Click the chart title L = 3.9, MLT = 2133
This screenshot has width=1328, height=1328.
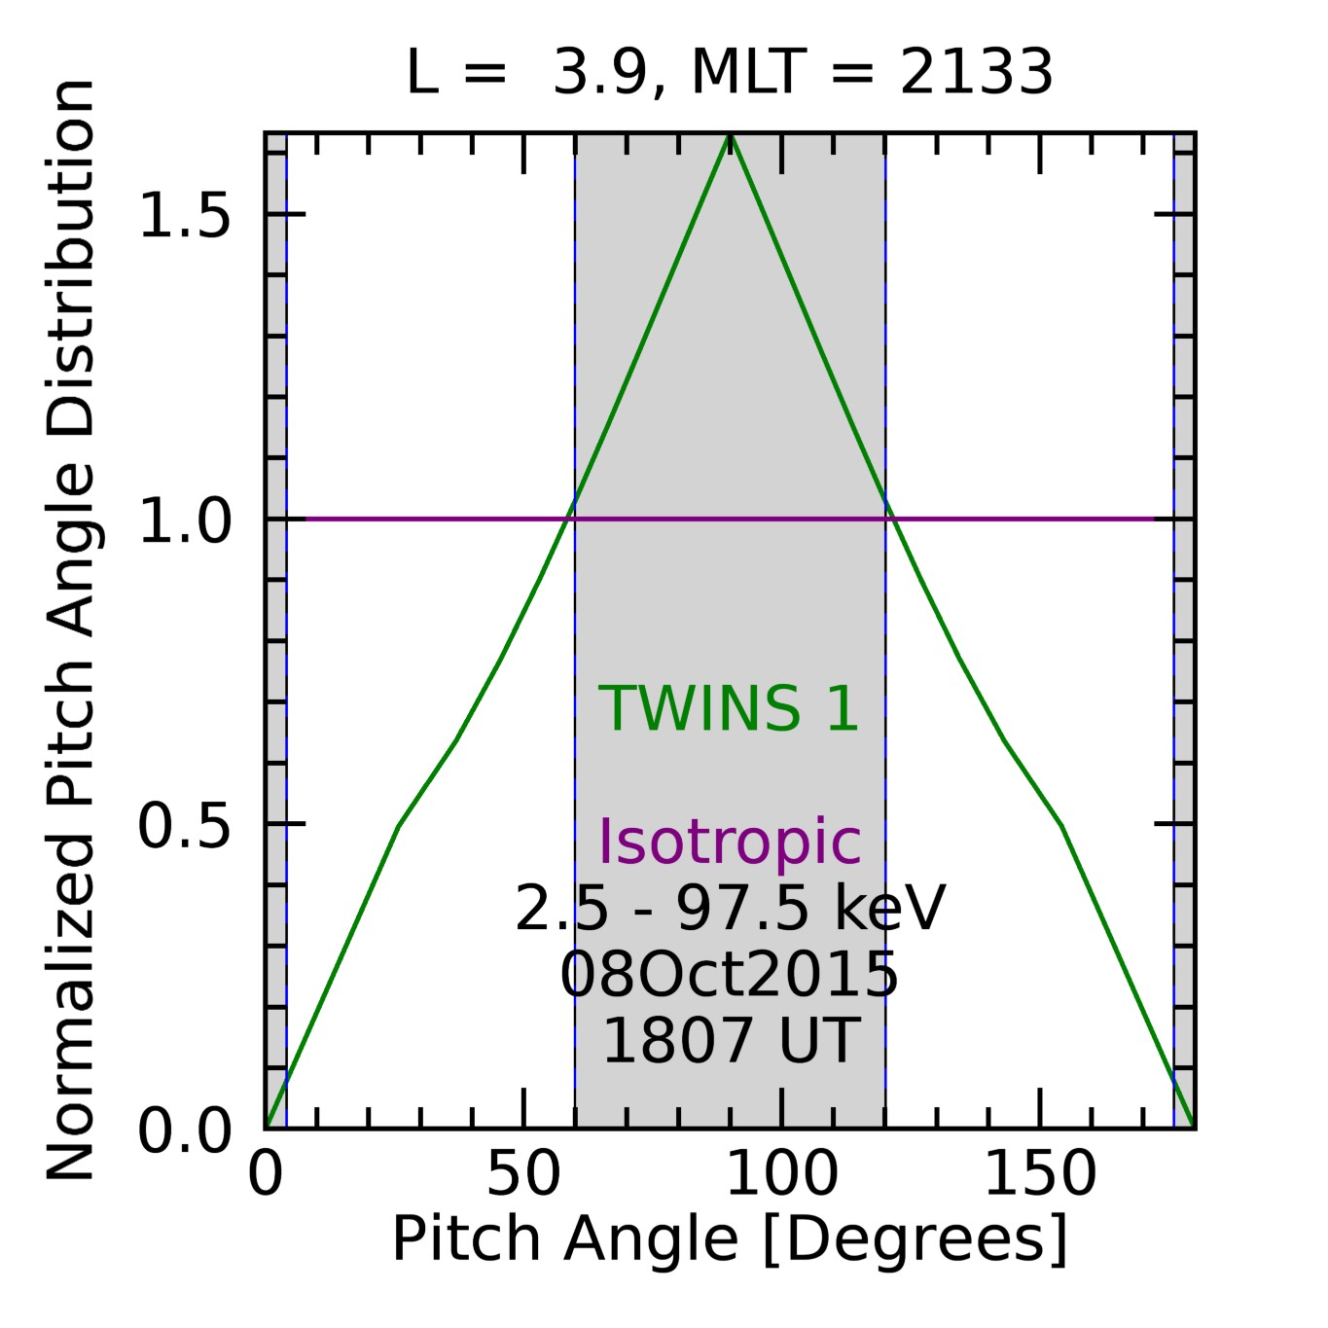click(x=729, y=73)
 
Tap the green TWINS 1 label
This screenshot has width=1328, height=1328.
click(x=729, y=708)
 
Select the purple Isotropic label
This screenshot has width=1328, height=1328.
click(x=729, y=841)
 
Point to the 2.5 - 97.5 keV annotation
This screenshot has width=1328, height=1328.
click(x=730, y=909)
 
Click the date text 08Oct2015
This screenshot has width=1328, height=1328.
click(x=729, y=975)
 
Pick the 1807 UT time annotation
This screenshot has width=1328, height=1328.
click(x=731, y=1040)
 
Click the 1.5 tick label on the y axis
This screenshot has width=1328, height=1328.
click(x=185, y=215)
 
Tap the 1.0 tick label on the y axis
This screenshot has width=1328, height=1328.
click(x=185, y=520)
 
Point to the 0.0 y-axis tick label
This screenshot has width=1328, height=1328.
click(x=185, y=1131)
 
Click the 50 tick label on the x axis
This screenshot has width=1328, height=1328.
click(x=523, y=1174)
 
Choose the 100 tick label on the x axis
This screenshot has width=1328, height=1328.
click(x=781, y=1174)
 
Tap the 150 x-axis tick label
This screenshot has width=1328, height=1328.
click(x=1040, y=1174)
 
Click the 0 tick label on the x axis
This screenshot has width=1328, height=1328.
click(x=265, y=1174)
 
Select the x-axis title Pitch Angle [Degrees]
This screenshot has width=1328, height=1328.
click(x=730, y=1240)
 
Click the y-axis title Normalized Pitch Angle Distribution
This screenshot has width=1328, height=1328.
click(x=71, y=630)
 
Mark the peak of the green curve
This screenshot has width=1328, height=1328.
click(x=731, y=137)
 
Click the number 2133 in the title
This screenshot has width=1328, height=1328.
click(x=976, y=73)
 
